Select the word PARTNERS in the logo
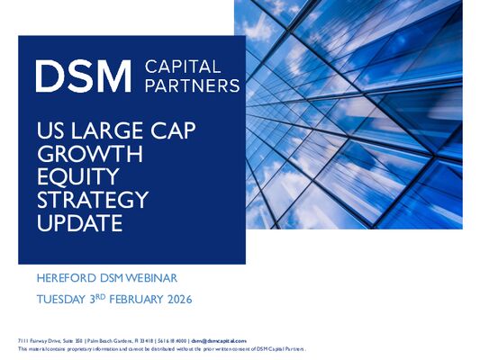pyautogui.click(x=192, y=85)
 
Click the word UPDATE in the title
pyautogui.click(x=75, y=221)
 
